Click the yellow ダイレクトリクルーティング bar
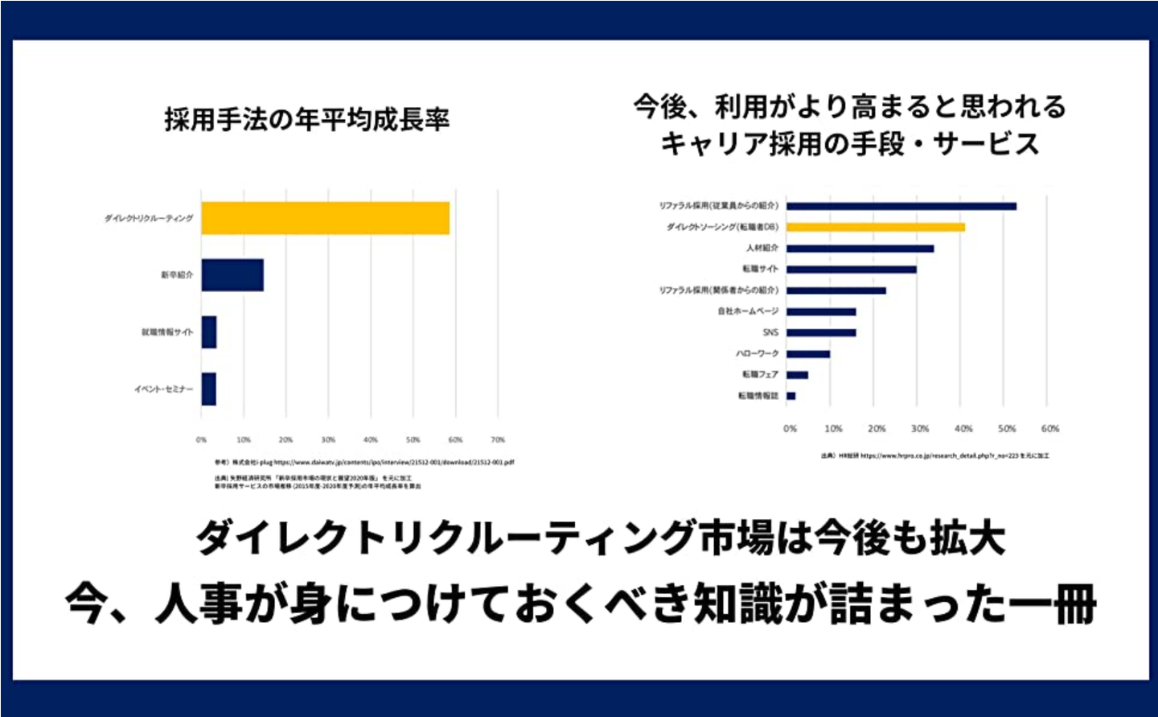click(325, 218)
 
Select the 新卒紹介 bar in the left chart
click(232, 275)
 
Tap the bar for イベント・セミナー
click(209, 389)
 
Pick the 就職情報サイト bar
click(209, 332)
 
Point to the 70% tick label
click(498, 440)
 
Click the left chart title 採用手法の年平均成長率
click(306, 120)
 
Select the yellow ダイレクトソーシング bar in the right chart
click(875, 227)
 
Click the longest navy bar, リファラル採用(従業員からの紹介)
click(901, 206)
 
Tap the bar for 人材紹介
click(860, 249)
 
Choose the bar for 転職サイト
click(851, 270)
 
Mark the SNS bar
click(821, 332)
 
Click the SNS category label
click(770, 332)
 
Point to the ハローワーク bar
click(807, 354)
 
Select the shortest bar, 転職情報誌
click(791, 396)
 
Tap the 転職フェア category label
click(760, 375)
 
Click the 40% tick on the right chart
click(963, 429)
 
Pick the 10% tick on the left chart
click(244, 440)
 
